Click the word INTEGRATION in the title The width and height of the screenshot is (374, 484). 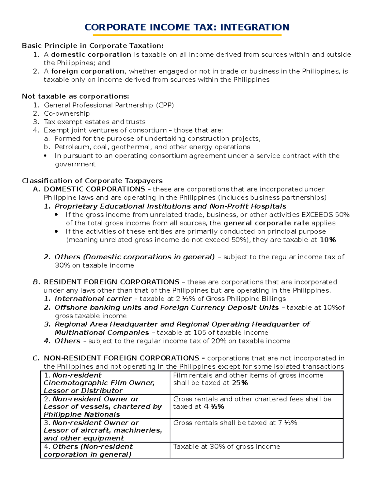coord(255,27)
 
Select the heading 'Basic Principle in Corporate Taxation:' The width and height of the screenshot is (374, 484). coord(93,46)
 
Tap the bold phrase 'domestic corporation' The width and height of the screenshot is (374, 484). coord(91,55)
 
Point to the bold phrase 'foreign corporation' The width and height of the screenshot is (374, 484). coord(88,71)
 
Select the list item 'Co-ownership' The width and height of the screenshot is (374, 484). coord(67,113)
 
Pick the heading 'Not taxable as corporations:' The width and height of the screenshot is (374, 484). coord(75,96)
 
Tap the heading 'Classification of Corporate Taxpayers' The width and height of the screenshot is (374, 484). coord(92,181)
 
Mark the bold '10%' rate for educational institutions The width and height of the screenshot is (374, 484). coord(328,240)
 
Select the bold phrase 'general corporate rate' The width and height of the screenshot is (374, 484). coord(266,223)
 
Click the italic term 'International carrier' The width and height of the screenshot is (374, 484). coord(93,299)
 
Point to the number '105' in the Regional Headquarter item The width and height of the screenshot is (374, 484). coord(200,333)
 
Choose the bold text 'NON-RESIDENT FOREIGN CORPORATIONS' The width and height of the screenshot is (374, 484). coord(121,358)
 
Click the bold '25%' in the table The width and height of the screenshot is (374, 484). coord(240,383)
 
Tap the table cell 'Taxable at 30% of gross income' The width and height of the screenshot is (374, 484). coord(227,447)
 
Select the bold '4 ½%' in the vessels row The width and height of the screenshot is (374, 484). coord(214,407)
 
